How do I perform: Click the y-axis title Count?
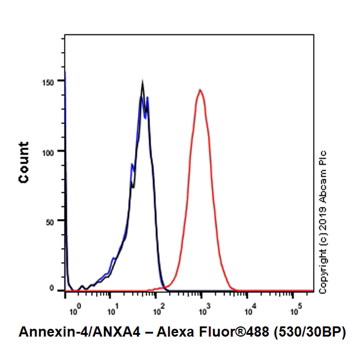click(24, 162)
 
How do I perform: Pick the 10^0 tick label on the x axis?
click(74, 312)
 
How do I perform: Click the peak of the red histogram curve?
click(200, 90)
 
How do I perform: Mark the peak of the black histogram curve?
click(142, 83)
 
